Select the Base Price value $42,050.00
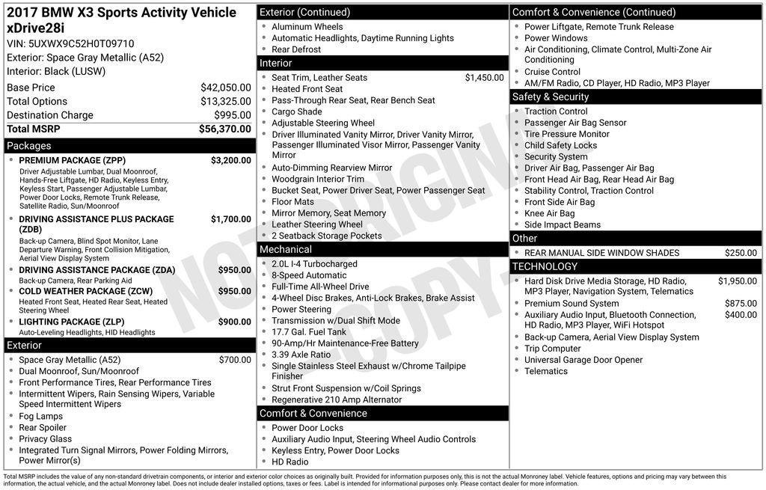point(225,88)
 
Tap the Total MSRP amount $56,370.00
point(224,129)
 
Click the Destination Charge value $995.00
point(233,115)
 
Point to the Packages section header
point(29,146)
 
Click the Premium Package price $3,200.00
point(230,160)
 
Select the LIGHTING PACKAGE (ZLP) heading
point(71,322)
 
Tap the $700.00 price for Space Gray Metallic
point(235,360)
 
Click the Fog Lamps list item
point(40,417)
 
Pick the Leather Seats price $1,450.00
point(484,78)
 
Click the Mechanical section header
point(286,249)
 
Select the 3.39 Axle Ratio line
point(301,355)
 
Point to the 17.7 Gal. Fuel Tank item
point(309,332)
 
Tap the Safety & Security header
point(551,97)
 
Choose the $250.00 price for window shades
point(741,253)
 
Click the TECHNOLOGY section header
point(545,266)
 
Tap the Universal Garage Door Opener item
point(583,360)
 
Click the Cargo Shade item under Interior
point(297,111)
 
